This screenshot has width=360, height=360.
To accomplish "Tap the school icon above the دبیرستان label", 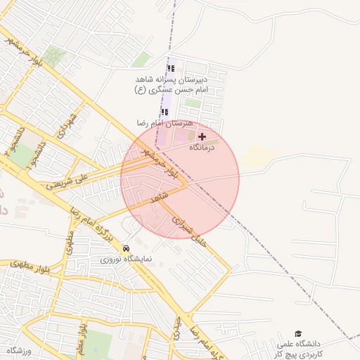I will pos(170,69).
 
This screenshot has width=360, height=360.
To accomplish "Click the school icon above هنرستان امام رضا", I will pos(165,112).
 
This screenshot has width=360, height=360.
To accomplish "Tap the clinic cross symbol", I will pos(202,136).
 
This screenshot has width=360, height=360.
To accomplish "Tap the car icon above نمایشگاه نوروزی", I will pos(125,248).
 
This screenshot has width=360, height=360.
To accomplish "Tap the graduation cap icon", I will pos(298,333).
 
